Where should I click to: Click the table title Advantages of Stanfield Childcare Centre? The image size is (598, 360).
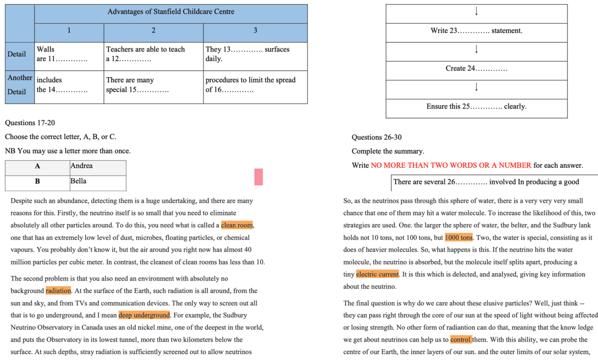coord(171,12)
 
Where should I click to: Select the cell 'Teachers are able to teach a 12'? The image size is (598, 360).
coord(153,54)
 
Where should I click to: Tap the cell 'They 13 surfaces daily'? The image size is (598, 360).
coord(255,54)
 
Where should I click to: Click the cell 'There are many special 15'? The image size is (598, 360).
coord(153,84)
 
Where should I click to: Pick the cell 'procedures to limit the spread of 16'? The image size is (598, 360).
coord(255,84)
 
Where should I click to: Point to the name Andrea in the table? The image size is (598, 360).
coord(82,166)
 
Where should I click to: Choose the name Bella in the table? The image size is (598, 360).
coord(78,181)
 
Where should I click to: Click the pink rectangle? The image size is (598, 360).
coord(258,177)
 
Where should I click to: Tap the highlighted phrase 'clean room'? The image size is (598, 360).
coord(237,225)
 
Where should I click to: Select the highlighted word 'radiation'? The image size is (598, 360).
coord(58,290)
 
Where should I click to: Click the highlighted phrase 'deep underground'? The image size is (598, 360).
coord(144,315)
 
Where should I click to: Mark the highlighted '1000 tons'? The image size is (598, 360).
coord(459,237)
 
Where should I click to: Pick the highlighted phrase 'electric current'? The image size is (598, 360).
coord(377,274)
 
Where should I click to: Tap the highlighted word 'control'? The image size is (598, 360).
coord(461,339)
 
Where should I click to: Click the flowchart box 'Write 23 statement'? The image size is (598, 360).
coord(476,31)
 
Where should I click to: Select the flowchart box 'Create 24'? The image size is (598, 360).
coord(476,69)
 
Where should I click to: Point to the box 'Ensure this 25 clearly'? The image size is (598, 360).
coord(476,106)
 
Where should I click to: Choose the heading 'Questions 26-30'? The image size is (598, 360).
coord(376,137)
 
